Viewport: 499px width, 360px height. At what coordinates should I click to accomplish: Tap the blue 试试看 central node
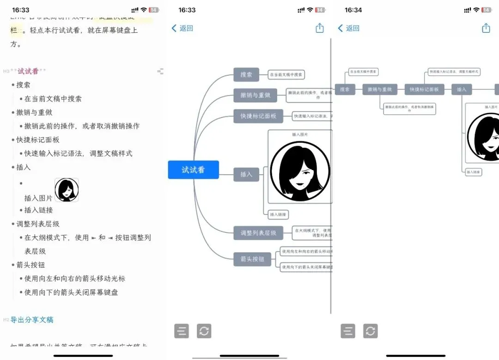(193, 170)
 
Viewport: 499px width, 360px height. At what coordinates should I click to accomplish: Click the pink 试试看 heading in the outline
(28, 71)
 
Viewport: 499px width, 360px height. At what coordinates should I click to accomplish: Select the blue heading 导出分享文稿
(32, 320)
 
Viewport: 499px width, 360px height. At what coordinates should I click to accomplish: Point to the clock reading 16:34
(353, 10)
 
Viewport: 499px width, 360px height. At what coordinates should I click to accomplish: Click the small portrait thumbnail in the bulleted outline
(67, 190)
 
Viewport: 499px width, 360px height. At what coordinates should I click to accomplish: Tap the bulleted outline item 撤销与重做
(35, 112)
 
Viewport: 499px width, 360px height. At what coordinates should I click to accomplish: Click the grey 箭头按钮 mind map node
(252, 259)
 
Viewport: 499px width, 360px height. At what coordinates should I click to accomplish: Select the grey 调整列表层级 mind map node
(258, 233)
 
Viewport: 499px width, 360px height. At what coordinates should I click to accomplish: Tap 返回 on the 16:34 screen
(349, 28)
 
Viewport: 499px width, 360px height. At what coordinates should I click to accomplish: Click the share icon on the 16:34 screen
(486, 28)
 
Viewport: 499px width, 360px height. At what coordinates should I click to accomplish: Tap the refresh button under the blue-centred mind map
(204, 331)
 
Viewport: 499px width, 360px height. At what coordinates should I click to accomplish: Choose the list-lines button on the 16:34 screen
(348, 331)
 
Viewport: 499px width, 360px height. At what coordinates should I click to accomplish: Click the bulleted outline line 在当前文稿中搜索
(53, 98)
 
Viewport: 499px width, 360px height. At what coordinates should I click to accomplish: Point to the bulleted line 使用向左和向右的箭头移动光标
(75, 279)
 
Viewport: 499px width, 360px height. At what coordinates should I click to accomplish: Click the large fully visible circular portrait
(300, 171)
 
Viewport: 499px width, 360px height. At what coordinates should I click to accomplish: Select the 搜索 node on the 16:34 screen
(345, 90)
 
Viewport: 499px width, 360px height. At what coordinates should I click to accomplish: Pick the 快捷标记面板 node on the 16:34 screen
(424, 90)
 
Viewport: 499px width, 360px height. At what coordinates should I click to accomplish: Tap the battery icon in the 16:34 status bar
(486, 10)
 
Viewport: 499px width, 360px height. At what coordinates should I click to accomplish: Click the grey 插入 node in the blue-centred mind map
(246, 174)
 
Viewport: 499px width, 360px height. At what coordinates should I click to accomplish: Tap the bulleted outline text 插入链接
(39, 210)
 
